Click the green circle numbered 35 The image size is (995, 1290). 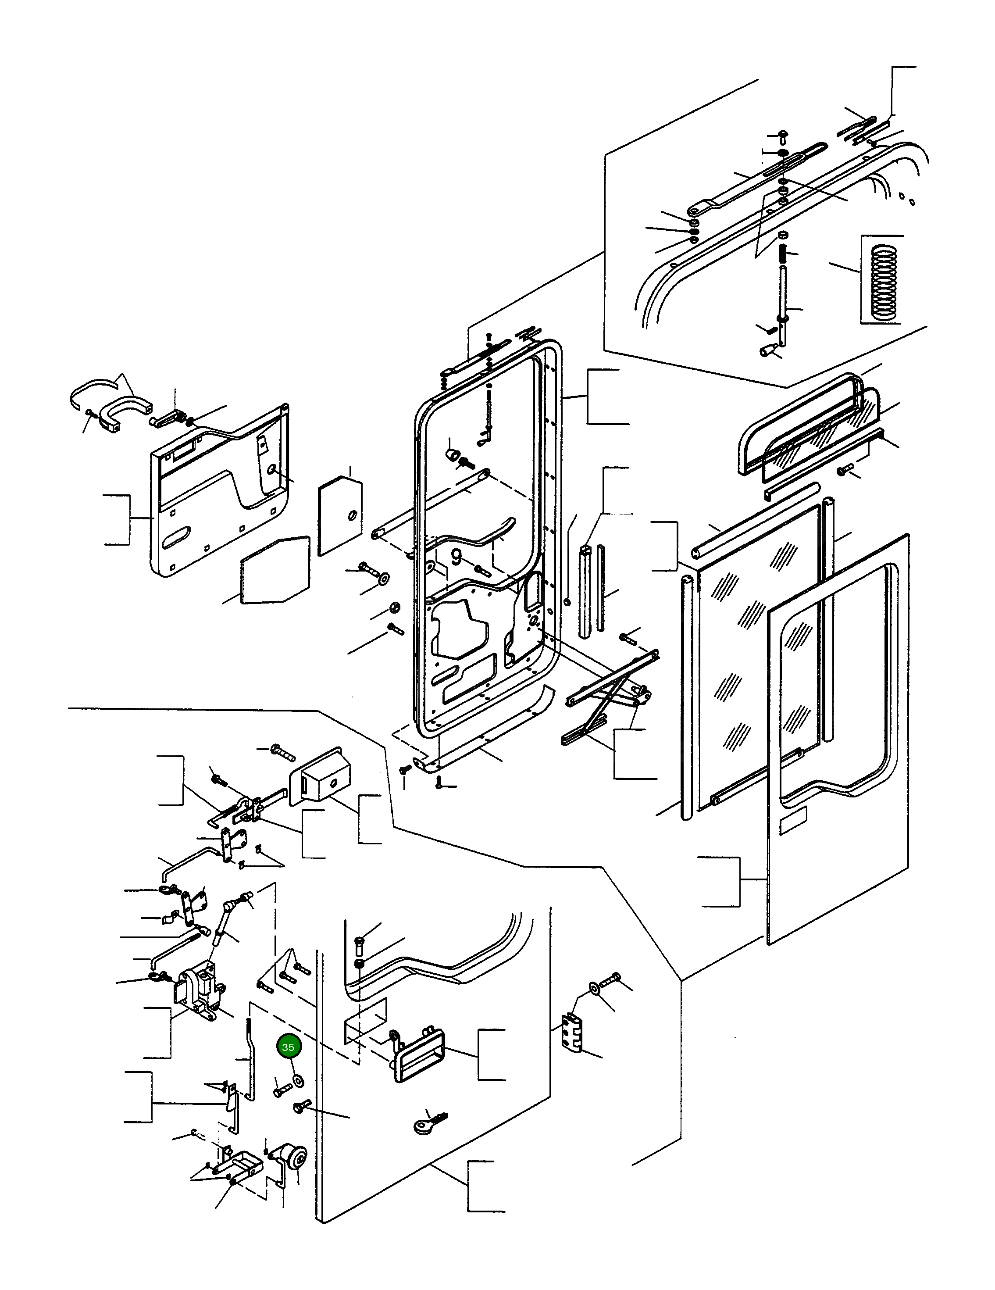pyautogui.click(x=288, y=1047)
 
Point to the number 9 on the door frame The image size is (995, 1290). pyautogui.click(x=456, y=557)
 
